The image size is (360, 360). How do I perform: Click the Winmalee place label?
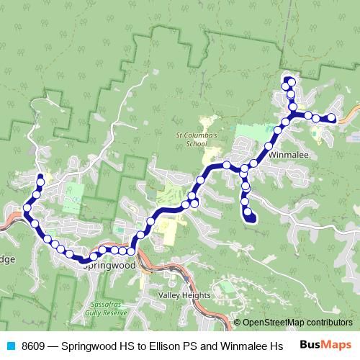coord(288,154)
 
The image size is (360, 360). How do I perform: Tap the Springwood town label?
coord(109,266)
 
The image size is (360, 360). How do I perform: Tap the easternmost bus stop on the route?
coord(332,118)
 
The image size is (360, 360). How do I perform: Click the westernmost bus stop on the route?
coord(27,208)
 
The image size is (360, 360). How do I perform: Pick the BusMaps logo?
coord(326,344)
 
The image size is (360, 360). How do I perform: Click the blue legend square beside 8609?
coord(10,345)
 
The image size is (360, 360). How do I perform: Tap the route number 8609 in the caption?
coord(33,345)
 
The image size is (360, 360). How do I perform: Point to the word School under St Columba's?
coord(197,143)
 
